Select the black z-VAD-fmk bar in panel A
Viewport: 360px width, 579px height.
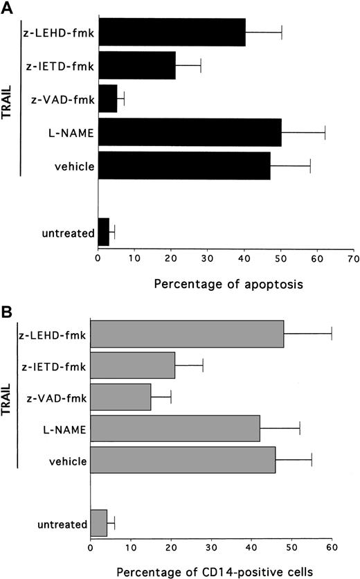(108, 99)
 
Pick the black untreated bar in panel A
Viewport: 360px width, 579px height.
(104, 232)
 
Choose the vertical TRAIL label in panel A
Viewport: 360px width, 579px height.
(10, 100)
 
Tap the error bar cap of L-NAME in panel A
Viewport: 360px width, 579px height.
(325, 132)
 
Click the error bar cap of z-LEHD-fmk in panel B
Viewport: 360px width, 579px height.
(332, 334)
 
